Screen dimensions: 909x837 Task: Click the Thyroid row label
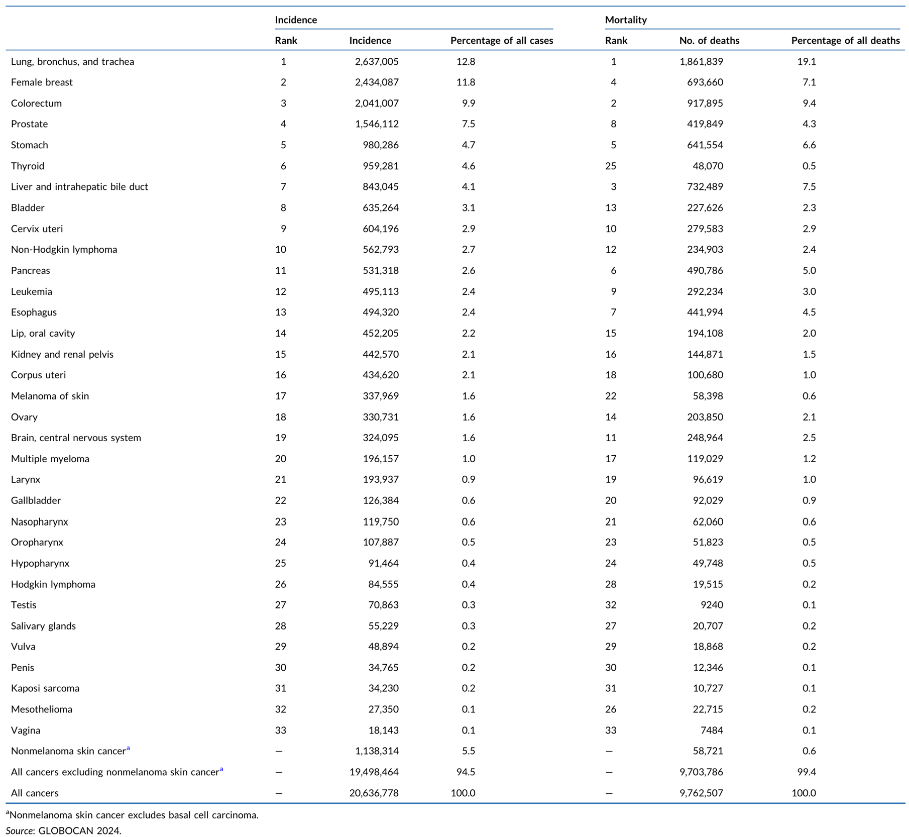pos(28,166)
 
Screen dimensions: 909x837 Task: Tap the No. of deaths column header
pos(709,40)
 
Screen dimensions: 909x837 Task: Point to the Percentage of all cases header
pos(502,40)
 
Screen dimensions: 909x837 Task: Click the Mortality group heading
pos(626,20)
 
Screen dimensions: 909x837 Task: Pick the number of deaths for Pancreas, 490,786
pos(705,270)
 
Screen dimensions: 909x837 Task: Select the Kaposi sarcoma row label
pos(45,688)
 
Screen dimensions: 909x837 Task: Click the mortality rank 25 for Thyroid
pos(611,166)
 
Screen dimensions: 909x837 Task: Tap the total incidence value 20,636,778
pos(374,793)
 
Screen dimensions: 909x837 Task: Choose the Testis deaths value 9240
pos(712,605)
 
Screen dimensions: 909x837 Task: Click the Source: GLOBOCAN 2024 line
pos(64,830)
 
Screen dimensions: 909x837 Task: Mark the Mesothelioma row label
pos(42,709)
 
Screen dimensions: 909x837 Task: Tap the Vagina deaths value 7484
pos(712,730)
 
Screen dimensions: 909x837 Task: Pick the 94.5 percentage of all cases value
pos(466,772)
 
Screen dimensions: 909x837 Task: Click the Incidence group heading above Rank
pos(296,20)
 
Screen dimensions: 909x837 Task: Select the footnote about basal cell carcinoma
pos(132,815)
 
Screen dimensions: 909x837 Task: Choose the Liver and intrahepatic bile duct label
pos(79,186)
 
